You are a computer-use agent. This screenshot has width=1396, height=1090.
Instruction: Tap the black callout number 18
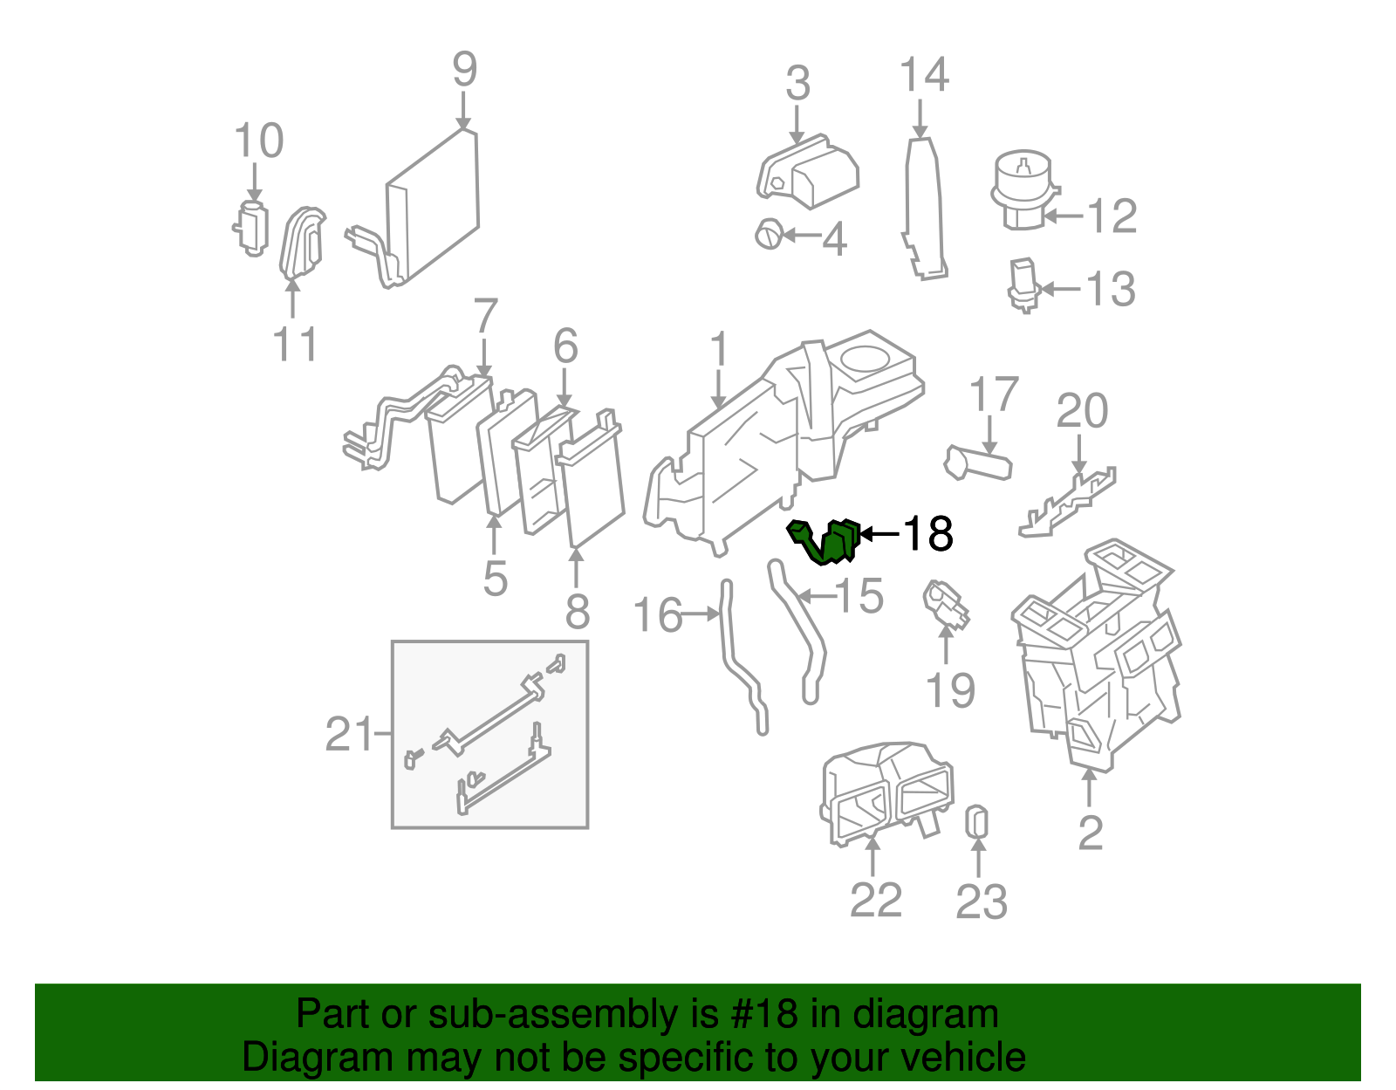(x=927, y=533)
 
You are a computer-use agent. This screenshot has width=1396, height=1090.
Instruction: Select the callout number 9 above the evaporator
(x=464, y=69)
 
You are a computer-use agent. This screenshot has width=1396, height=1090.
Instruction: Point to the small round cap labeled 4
(x=769, y=234)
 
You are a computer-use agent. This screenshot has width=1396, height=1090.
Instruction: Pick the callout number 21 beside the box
(x=349, y=734)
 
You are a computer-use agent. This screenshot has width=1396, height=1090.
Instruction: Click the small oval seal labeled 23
(x=977, y=822)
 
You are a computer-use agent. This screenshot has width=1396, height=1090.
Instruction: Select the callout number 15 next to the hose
(x=859, y=596)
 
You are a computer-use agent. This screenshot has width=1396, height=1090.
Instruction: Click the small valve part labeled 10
(x=251, y=228)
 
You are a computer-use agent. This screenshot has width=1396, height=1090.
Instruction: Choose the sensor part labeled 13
(x=1022, y=284)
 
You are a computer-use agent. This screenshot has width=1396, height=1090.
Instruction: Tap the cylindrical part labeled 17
(x=978, y=463)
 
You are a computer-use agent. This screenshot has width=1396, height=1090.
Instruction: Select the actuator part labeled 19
(x=945, y=605)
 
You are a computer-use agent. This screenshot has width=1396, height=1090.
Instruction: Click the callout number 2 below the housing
(x=1090, y=833)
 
